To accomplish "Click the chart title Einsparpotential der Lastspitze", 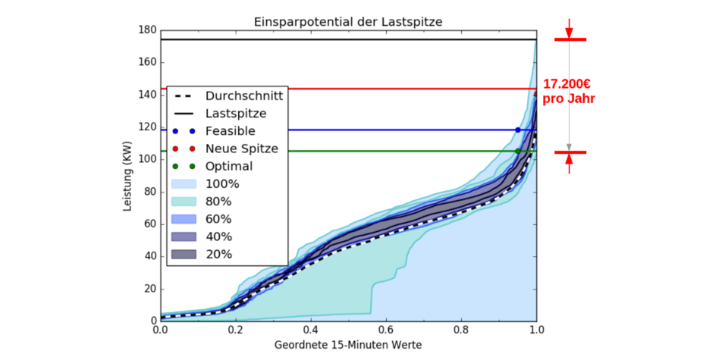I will click(348, 21).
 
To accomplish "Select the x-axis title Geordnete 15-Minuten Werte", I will click(348, 345).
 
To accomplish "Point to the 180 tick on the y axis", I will click(147, 30).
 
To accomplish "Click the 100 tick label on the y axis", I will click(147, 159).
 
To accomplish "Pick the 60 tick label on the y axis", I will click(149, 224).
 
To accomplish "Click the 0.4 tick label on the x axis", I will click(311, 331).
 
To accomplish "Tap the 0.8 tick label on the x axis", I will click(461, 331).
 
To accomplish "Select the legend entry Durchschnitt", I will click(243, 96).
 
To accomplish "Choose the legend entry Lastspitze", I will click(236, 114).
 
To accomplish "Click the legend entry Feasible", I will click(230, 131).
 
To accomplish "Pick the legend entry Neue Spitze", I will click(242, 149).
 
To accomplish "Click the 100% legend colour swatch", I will click(184, 183).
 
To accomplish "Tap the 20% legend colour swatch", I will click(184, 254).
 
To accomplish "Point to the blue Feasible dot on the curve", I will click(519, 130).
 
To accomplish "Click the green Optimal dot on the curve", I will click(518, 152).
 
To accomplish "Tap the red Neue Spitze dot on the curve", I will click(535, 95).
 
